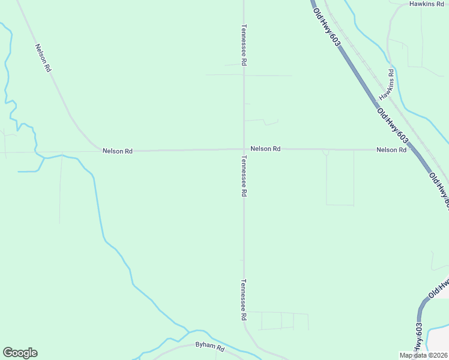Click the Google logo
20,353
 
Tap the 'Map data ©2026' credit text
423,355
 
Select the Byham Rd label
209,347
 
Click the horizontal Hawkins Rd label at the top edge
426,4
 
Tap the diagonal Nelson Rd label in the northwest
43,58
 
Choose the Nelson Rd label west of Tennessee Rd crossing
117,151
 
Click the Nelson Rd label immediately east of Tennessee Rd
265,149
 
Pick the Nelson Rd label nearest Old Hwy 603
391,150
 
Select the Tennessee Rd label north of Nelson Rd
244,45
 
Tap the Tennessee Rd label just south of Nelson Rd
244,176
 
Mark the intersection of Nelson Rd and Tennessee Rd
244,149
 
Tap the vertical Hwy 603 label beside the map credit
418,339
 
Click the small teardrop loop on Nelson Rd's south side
326,153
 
